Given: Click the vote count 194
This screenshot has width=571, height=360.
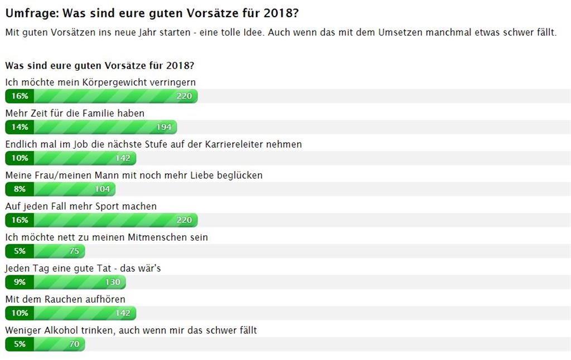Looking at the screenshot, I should (x=163, y=127).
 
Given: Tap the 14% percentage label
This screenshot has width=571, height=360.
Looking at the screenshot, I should (x=20, y=127).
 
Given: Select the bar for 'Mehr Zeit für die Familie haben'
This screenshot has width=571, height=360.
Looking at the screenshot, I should (x=91, y=127).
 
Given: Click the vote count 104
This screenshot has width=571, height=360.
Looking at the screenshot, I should (x=102, y=189).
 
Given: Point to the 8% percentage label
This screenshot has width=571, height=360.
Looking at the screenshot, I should (x=20, y=189).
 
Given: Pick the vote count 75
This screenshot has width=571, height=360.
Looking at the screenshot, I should (x=74, y=251).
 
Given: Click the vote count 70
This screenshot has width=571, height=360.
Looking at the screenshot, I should (x=74, y=344).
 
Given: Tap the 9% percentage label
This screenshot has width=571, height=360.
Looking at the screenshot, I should (x=20, y=282).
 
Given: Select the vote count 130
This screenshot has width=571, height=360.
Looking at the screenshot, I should (x=113, y=282).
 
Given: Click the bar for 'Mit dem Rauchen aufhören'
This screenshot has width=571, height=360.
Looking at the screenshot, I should (x=71, y=313).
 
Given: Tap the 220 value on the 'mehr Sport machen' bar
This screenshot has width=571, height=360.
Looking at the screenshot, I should (x=184, y=220).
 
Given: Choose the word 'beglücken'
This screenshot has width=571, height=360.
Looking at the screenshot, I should (x=239, y=176).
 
